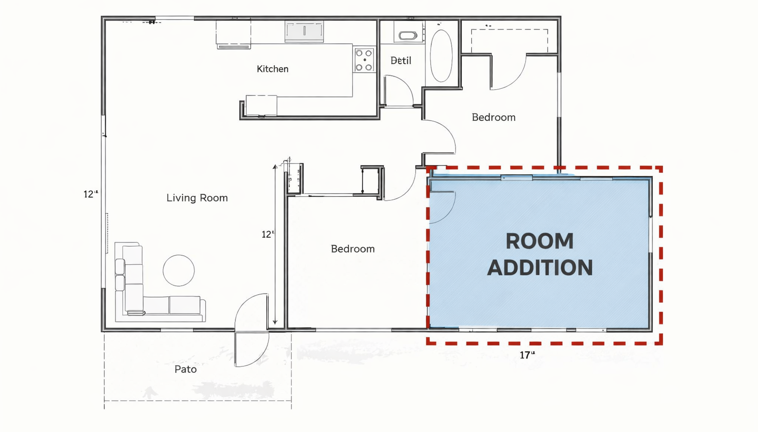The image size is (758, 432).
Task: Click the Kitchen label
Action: point(272,69)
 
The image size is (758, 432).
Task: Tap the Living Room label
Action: point(197,198)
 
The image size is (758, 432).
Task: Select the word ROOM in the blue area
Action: point(539,241)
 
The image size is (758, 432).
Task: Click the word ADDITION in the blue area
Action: point(540,267)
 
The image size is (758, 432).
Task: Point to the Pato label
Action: point(186,369)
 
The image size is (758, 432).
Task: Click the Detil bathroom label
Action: point(401,61)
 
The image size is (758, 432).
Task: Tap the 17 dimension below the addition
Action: point(527,355)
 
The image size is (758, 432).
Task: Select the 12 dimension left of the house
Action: point(91,194)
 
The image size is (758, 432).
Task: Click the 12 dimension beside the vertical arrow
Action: point(267,234)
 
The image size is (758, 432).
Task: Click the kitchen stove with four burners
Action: point(364,60)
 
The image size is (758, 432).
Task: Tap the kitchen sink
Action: point(304,31)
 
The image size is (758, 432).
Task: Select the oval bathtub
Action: point(441,56)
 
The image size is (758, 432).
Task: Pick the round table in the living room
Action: point(179,270)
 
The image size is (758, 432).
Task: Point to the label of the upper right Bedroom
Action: point(493,117)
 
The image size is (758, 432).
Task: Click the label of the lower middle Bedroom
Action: point(353,249)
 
